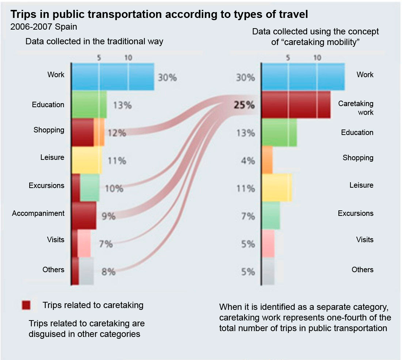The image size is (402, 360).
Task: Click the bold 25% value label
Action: coord(244,105)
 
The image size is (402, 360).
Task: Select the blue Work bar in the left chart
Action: coord(113,76)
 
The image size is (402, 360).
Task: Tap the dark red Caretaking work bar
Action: coord(296,105)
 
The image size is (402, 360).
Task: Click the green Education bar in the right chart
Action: coord(279,132)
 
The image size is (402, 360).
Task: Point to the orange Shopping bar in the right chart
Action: coord(268,160)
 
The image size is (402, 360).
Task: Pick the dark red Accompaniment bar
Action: coord(84,215)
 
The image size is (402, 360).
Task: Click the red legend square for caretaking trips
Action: coord(26,305)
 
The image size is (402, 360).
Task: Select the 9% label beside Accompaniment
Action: coord(109,217)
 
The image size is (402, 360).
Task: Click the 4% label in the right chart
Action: coord(247,161)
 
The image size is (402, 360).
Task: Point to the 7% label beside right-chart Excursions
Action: coord(247,216)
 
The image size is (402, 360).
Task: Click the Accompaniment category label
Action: coord(38,213)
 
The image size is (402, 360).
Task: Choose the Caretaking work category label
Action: coord(356,108)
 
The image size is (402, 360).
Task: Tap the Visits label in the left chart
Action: coord(56,240)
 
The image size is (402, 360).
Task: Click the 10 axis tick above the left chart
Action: coord(128,57)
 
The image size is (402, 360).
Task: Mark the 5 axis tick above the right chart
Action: coord(288,57)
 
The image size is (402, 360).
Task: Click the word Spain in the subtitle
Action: coord(67,27)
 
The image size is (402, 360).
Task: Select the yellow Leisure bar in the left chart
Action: coord(87,160)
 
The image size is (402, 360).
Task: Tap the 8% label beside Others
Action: coord(108,272)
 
